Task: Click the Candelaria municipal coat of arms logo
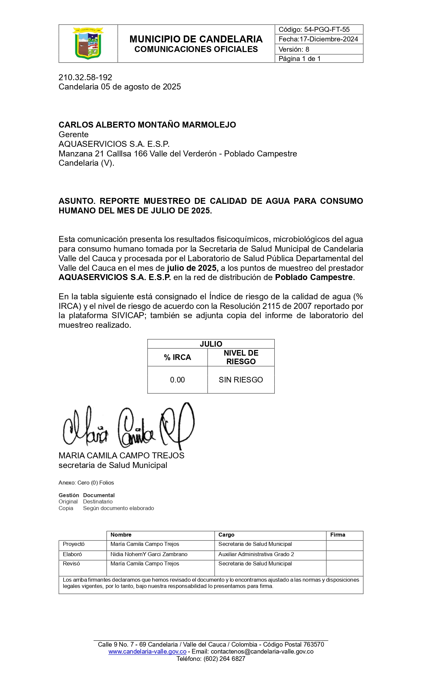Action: coord(88,43)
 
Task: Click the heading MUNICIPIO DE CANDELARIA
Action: coord(196,39)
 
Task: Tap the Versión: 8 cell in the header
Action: coord(294,49)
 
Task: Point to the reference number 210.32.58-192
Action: coord(85,77)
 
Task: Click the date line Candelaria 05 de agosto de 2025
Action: coord(119,87)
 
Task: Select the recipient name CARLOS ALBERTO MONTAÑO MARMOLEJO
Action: coord(147,125)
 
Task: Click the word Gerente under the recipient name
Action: coord(73,135)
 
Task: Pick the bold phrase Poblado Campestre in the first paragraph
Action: coord(314,277)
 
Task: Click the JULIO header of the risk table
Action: coord(211,344)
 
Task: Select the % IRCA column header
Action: coord(177,357)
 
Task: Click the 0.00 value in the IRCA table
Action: coord(177,380)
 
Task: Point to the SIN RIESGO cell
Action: coord(241,380)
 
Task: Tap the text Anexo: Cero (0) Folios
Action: coord(86,483)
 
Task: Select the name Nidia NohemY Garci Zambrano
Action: coord(149,554)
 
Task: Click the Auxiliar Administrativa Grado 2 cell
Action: coord(256,554)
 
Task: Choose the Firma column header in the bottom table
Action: coord(338,535)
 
